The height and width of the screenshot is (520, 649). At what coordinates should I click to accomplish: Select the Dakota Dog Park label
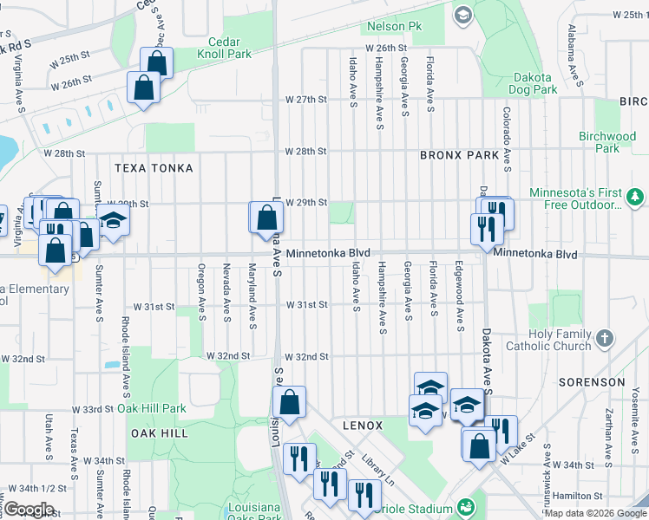pos(534,83)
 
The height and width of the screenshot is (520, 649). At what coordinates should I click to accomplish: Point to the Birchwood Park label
pos(607,142)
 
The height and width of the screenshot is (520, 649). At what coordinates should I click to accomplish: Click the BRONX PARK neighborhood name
pos(459,156)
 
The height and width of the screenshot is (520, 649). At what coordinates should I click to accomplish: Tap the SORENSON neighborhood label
pos(592,382)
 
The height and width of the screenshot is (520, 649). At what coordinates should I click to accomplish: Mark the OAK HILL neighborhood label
pos(159,432)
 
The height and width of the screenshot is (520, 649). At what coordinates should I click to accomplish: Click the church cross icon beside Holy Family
pos(605,339)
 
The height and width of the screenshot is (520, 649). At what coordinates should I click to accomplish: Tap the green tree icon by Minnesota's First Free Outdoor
pos(635,198)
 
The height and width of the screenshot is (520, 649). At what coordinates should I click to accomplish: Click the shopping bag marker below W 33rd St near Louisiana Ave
pos(289,402)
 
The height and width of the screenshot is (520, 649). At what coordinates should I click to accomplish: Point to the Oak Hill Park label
pos(152,408)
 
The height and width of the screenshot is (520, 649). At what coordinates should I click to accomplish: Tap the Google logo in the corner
pos(29,510)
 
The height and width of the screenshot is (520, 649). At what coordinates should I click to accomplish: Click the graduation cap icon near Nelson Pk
pos(462,15)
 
